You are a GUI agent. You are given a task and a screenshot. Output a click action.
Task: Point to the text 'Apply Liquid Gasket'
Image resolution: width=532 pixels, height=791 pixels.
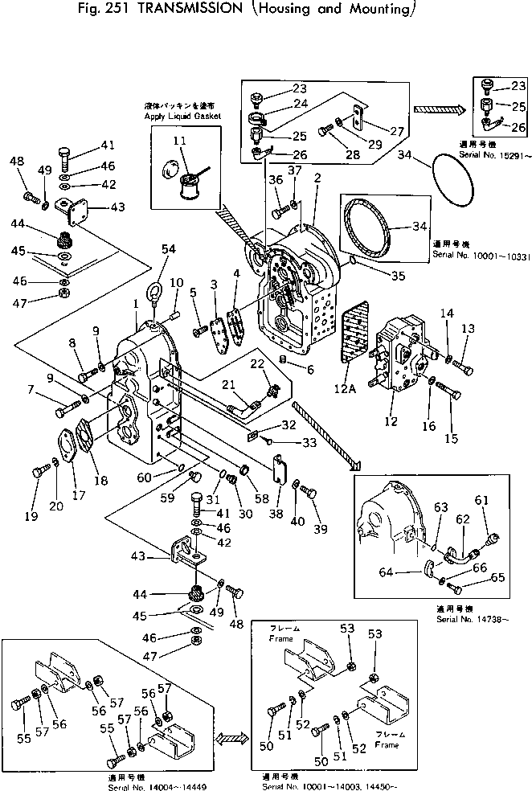[x=182, y=117]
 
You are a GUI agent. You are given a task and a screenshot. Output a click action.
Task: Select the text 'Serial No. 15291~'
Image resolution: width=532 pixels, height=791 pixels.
[x=489, y=154]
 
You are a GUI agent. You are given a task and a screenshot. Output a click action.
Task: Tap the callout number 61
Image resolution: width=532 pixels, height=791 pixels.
[x=481, y=501]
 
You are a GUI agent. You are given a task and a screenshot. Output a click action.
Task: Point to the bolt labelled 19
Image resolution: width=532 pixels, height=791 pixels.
[x=37, y=473]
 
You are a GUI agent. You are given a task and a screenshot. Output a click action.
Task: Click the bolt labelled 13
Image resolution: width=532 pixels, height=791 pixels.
[x=464, y=369]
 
